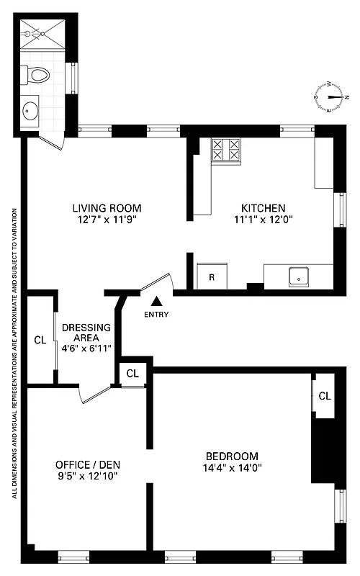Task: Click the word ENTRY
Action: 156,315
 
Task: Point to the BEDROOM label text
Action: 232,456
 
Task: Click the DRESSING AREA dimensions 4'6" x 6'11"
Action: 86,348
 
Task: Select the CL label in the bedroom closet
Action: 325,396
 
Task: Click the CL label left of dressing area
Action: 40,340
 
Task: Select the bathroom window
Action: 71,78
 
